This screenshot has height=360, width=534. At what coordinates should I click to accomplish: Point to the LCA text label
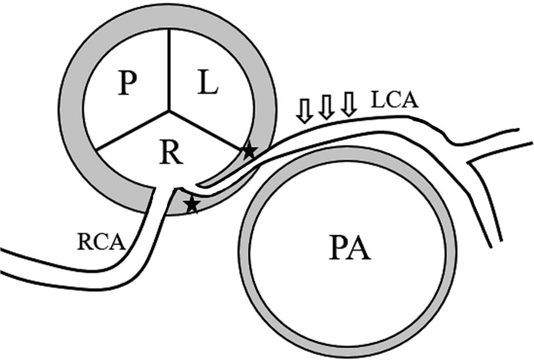(x=394, y=102)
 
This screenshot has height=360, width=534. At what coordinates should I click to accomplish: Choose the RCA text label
(x=101, y=241)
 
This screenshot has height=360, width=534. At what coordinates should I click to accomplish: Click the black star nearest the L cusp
(x=249, y=151)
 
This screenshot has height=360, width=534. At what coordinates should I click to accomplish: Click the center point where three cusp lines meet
(x=170, y=109)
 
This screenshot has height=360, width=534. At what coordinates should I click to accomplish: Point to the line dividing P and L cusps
(x=170, y=69)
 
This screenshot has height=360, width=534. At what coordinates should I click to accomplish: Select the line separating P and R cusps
(x=133, y=129)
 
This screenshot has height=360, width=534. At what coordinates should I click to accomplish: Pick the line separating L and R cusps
(x=208, y=129)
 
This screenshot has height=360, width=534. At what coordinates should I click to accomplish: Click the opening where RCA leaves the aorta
(x=169, y=190)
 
